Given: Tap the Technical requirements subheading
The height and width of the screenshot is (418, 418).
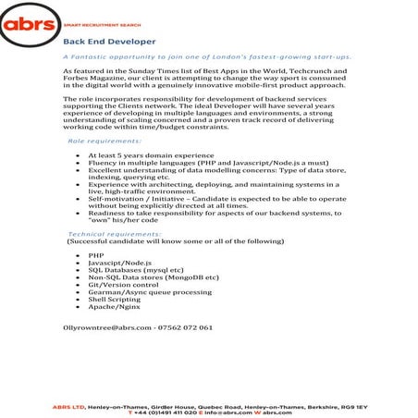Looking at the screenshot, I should (x=115, y=236).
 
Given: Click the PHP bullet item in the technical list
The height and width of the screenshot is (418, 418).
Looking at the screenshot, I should (x=96, y=254).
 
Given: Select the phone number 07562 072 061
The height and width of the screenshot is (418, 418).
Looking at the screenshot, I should (x=187, y=327).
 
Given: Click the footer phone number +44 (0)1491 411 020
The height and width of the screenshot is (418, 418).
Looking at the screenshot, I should (x=166, y=412).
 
